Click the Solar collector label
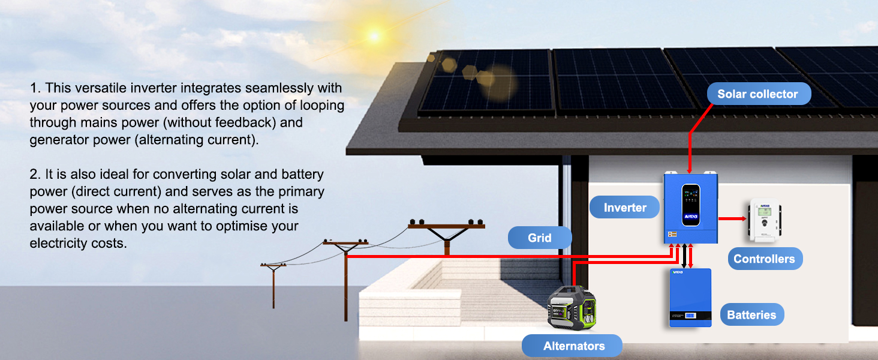757,94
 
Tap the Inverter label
625,208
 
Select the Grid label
540,238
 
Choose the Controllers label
764,259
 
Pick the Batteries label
751,315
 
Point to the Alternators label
574,346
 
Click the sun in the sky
374,36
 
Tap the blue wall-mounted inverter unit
691,208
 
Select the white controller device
763,221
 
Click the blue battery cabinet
690,298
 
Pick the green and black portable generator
573,308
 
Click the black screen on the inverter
691,204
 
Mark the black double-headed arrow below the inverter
684,255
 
